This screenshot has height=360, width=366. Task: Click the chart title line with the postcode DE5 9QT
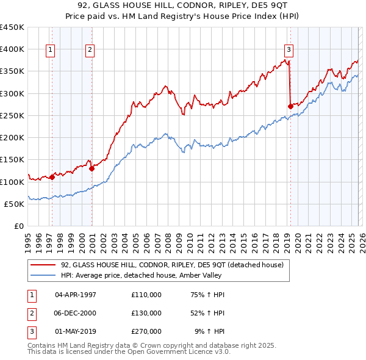183,6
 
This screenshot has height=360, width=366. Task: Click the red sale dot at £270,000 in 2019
290,106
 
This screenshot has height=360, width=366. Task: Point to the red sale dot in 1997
52,177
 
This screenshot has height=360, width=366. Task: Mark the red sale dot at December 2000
91,168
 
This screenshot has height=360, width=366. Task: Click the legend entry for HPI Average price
159,276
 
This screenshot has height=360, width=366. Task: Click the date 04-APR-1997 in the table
76,294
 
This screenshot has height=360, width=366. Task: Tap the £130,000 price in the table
146,313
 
